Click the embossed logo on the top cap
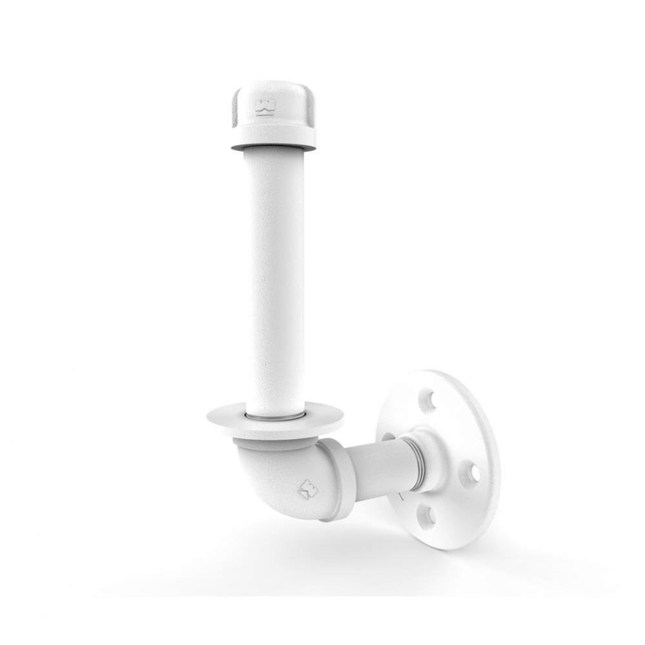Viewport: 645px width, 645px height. click(265, 107)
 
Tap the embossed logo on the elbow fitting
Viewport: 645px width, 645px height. click(309, 488)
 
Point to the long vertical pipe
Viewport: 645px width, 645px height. click(274, 277)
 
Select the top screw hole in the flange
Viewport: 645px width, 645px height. click(426, 401)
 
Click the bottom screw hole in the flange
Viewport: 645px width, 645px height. click(427, 516)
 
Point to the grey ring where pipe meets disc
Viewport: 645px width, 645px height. click(275, 417)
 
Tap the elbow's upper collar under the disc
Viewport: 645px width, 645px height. click(274, 444)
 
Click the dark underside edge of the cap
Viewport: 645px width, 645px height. click(273, 148)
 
